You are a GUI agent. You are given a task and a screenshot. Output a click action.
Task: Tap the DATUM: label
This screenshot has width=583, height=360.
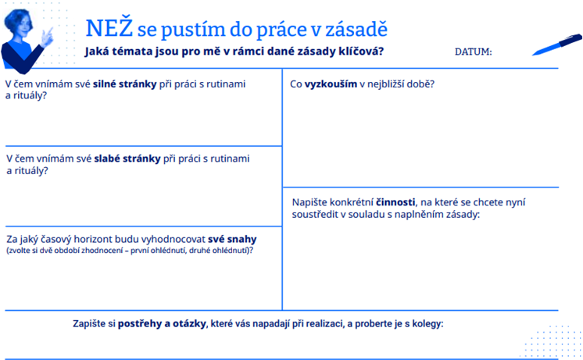(x=473, y=52)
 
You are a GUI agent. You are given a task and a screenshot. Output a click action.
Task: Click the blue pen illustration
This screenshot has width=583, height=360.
(x=556, y=45)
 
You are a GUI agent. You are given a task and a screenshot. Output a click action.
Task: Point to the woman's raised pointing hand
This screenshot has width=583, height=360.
(x=47, y=37)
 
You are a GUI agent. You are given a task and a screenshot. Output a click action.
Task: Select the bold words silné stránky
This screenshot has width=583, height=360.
(x=124, y=84)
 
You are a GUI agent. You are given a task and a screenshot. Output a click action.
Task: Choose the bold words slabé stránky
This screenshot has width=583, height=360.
(x=127, y=159)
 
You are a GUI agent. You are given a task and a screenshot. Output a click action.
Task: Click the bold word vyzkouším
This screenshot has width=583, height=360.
(x=331, y=84)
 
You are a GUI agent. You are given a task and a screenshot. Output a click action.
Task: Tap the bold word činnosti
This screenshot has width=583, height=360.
(x=395, y=202)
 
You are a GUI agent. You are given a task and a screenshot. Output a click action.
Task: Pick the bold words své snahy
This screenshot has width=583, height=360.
(x=232, y=239)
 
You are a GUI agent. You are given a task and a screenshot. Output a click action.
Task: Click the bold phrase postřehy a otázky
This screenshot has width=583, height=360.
(x=162, y=324)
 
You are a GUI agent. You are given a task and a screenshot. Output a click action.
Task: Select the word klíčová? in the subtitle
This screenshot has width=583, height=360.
(x=360, y=51)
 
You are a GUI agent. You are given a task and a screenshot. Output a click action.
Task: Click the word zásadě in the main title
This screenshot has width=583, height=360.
(x=356, y=30)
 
